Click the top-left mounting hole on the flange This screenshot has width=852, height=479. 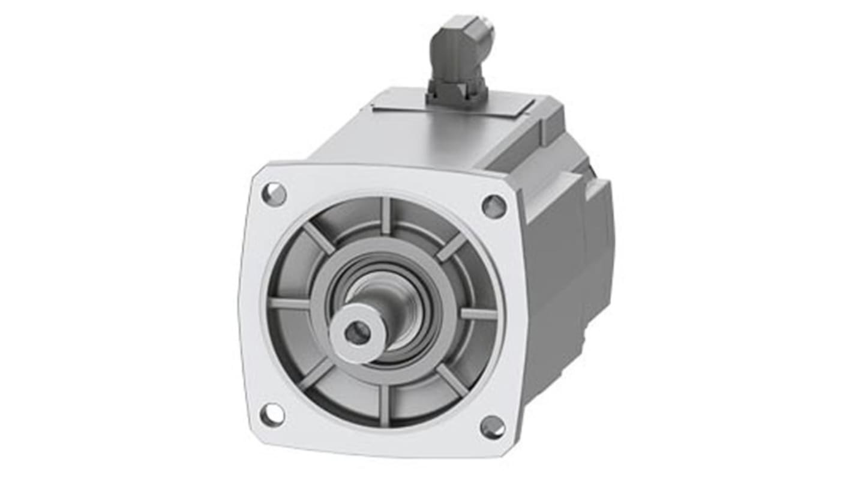[x=274, y=194]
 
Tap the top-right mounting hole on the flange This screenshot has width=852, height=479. [x=494, y=206]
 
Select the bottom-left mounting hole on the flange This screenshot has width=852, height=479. [x=272, y=415]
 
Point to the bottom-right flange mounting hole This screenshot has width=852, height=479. [x=493, y=427]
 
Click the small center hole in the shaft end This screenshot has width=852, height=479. [x=358, y=333]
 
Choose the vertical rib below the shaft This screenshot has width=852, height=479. [x=384, y=406]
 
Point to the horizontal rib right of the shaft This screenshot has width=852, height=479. [x=478, y=313]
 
